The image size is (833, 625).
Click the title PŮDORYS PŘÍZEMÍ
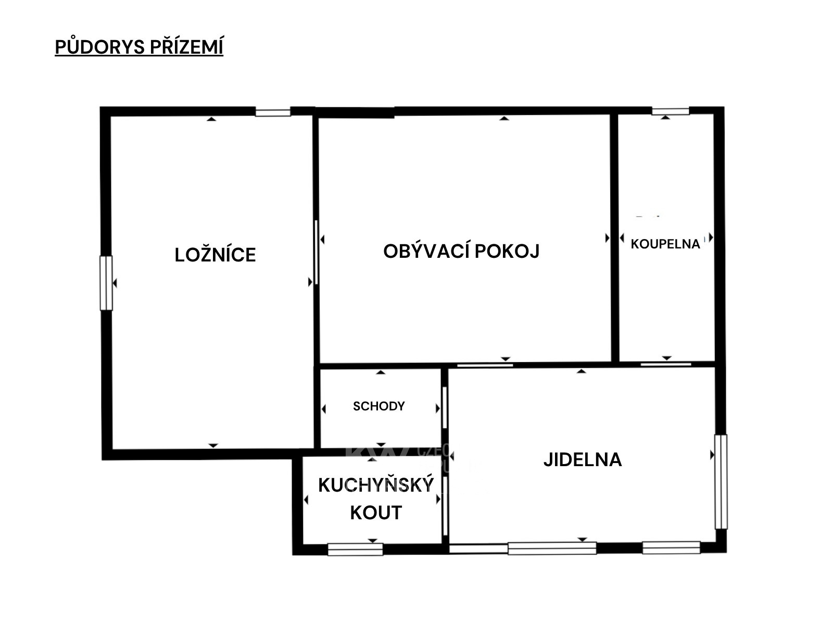(139, 47)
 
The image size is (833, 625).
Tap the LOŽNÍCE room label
(215, 255)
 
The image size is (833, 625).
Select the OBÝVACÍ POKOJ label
(461, 251)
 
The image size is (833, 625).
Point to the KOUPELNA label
(665, 244)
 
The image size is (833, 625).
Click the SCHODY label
(378, 406)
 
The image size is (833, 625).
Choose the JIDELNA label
(583, 459)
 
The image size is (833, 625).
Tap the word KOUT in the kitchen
(376, 512)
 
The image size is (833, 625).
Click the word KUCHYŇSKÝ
(376, 484)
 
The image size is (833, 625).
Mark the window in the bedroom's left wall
(106, 283)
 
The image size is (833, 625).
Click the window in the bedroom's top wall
(272, 113)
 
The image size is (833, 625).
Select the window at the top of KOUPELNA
(671, 111)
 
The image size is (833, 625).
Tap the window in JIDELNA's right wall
(721, 482)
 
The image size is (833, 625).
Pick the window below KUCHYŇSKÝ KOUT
(355, 549)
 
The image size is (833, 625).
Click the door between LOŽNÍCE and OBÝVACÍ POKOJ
(315, 252)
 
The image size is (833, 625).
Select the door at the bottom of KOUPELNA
(666, 364)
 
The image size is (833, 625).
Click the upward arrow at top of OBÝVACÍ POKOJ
(504, 118)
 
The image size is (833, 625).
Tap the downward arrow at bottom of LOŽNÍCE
(213, 445)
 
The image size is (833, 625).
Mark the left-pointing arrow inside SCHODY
(324, 409)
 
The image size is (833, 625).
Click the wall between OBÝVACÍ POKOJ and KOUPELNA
(615, 238)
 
